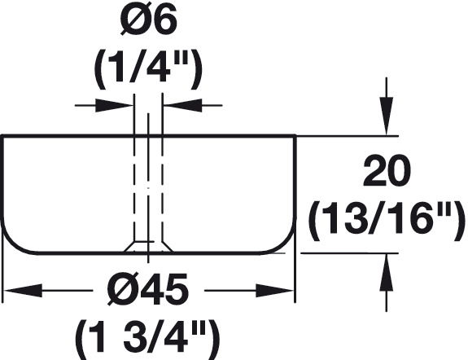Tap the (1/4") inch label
(x=149, y=69)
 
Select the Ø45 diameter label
(x=148, y=289)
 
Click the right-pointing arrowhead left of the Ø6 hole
(x=114, y=105)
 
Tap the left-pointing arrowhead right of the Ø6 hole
(x=182, y=105)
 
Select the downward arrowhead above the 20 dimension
(x=387, y=116)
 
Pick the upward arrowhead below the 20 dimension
(x=387, y=272)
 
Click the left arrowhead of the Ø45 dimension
(x=23, y=290)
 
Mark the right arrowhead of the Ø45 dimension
(x=275, y=290)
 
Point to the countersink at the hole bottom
(x=148, y=247)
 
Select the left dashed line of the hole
(x=134, y=188)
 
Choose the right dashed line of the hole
(x=162, y=188)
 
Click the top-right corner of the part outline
(x=295, y=136)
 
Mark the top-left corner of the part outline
(x=2, y=136)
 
